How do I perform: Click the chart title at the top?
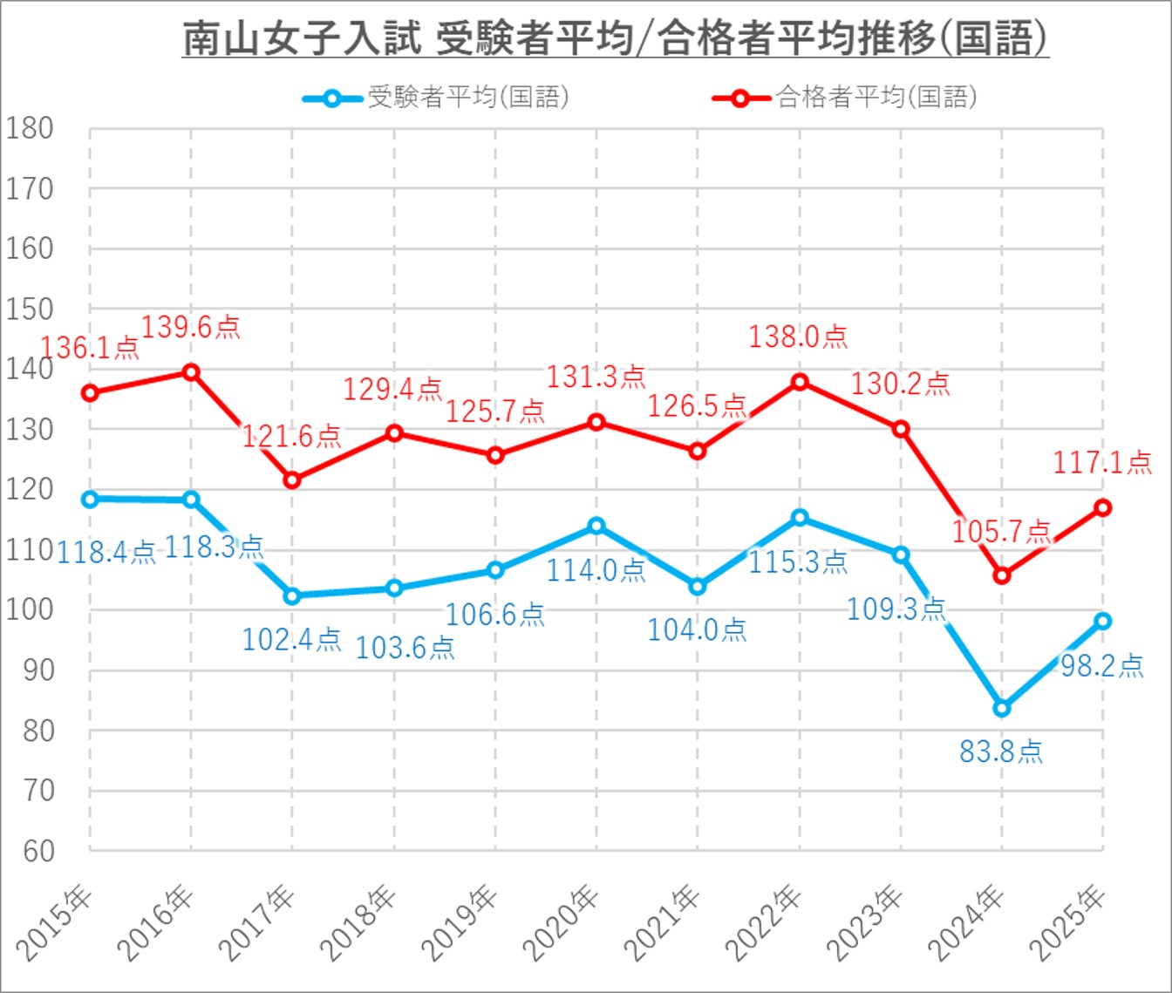(615, 39)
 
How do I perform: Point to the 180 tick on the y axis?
(30, 129)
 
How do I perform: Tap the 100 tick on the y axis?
(30, 610)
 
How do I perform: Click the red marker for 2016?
(191, 372)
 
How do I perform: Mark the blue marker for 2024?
(1002, 708)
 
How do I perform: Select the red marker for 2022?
(799, 382)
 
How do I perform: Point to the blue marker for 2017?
(292, 596)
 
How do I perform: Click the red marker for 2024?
(1002, 576)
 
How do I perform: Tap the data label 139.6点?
(190, 327)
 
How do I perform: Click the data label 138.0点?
(798, 337)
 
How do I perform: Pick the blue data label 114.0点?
(596, 570)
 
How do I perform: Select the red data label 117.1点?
(1102, 462)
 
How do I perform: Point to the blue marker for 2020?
(596, 526)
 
